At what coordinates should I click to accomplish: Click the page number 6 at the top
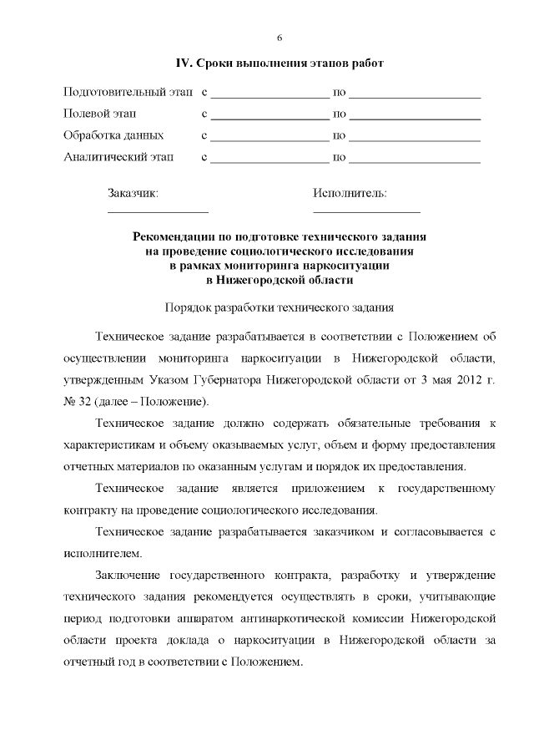tap(279, 38)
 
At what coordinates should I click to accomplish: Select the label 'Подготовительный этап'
tap(128, 91)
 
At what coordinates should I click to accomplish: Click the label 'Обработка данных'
tap(113, 134)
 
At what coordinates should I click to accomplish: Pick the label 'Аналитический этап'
tap(118, 156)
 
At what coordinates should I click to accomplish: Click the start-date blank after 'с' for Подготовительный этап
tap(270, 95)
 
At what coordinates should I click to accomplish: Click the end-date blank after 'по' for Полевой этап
tap(415, 117)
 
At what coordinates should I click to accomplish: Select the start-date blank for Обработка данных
tap(270, 139)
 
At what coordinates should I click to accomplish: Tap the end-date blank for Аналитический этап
tap(415, 160)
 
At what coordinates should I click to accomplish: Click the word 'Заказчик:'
tap(133, 194)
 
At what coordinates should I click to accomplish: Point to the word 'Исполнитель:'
tap(350, 194)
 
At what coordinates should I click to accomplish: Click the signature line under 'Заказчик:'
tap(158, 213)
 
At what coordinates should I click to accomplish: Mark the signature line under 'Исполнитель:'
tap(366, 213)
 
